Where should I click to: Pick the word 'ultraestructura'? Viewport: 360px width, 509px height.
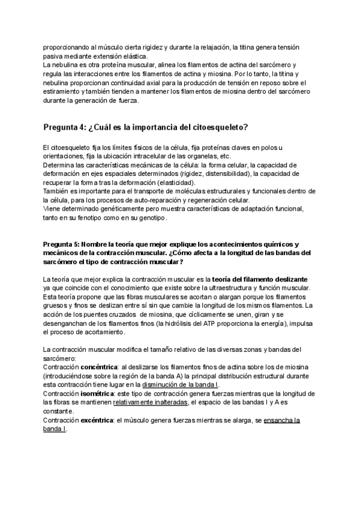coord(237,288)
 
